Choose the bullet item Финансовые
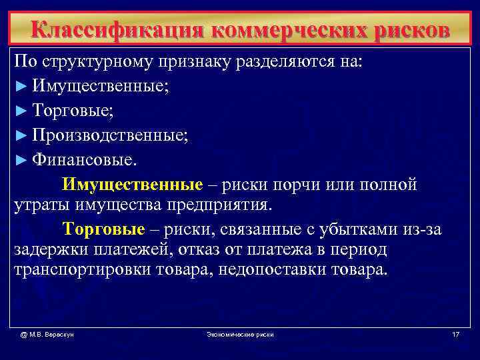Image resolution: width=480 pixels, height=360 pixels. click(x=83, y=160)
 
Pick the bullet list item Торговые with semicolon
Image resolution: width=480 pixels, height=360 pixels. click(x=73, y=111)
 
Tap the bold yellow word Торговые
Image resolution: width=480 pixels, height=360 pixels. click(x=103, y=230)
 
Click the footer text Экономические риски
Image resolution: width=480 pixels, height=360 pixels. click(x=240, y=333)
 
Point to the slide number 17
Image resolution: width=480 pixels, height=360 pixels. click(x=455, y=333)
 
